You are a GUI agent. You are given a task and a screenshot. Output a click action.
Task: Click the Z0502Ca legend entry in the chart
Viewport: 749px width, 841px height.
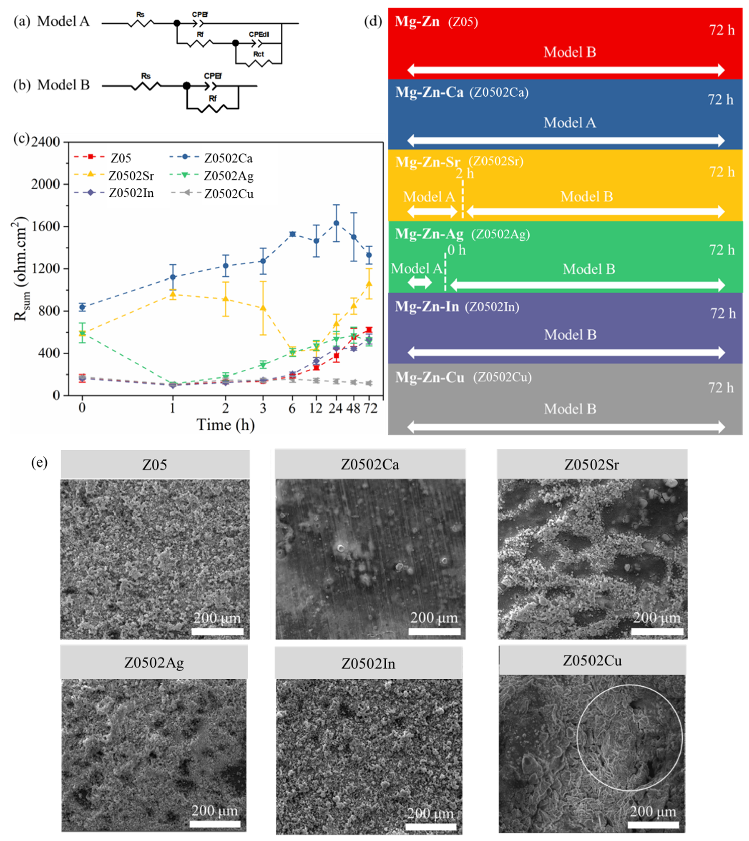click(x=228, y=158)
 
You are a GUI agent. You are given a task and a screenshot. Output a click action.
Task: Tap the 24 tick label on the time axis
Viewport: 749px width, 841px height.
click(x=336, y=408)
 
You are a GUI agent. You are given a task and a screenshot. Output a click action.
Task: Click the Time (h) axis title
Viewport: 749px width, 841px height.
click(x=226, y=425)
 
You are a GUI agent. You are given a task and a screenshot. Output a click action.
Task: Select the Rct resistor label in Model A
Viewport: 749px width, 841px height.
click(x=258, y=54)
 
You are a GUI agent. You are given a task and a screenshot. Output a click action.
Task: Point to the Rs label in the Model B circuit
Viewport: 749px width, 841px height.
click(x=146, y=76)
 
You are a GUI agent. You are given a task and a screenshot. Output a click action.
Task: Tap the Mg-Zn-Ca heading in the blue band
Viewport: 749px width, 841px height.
click(x=429, y=92)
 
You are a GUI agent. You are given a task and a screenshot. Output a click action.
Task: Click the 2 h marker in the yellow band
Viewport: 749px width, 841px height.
click(x=465, y=174)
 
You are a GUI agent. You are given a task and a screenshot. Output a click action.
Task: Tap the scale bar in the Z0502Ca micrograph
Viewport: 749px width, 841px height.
click(x=434, y=632)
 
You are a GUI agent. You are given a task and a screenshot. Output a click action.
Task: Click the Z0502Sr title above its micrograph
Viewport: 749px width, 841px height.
click(x=591, y=464)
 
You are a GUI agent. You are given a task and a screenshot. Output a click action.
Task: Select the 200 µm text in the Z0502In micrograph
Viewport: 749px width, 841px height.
click(x=430, y=813)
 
